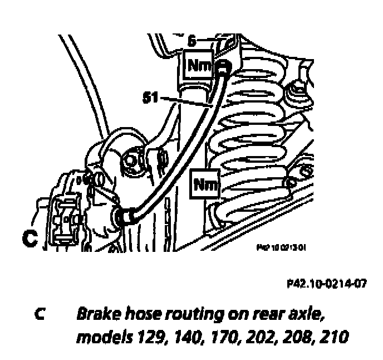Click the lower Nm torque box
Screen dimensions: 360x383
click(x=205, y=183)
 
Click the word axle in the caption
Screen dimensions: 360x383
click(x=308, y=315)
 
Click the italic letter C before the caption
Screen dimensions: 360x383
click(x=38, y=315)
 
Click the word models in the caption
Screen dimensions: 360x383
click(x=100, y=338)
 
